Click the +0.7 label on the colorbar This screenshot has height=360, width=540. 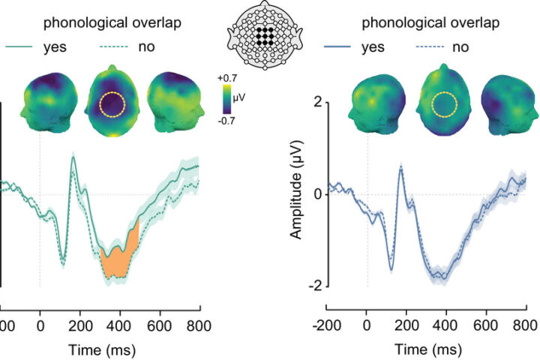coord(226,78)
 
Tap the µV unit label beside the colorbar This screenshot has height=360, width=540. coord(239,98)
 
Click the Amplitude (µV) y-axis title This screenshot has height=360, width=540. coord(297,193)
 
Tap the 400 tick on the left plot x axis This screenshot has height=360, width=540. coord(120,325)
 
